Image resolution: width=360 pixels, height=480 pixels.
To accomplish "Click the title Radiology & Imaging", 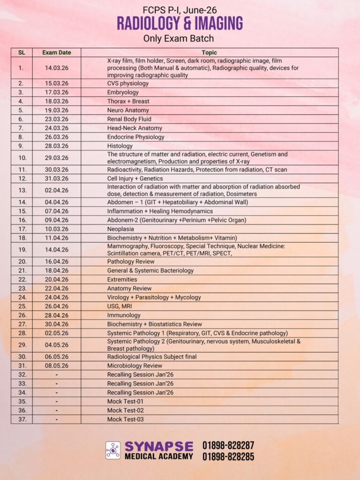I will tap(180, 23).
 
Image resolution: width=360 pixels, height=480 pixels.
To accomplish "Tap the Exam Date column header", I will tap(56, 52).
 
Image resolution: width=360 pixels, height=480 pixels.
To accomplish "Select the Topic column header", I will tap(209, 52).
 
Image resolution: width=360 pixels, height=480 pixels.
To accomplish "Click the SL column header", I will tap(21, 52).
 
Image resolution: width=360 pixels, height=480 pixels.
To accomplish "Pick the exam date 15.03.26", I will tap(56, 83).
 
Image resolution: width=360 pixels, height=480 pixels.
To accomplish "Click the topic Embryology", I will tap(123, 92).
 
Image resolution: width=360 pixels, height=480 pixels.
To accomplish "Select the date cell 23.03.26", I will tap(56, 119).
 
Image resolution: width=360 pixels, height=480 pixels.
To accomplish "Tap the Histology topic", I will tap(120, 146).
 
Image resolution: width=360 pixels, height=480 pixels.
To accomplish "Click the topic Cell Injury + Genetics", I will tap(135, 179).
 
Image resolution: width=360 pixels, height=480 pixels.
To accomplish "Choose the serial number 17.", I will tap(21, 229).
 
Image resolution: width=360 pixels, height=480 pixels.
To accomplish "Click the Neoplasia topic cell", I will tap(120, 229).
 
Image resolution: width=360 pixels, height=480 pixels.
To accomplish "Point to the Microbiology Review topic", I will tap(135, 366).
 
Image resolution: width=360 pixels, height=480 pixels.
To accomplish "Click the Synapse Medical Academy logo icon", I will tap(113, 450).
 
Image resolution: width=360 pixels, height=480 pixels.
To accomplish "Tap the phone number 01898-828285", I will tap(228, 456).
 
